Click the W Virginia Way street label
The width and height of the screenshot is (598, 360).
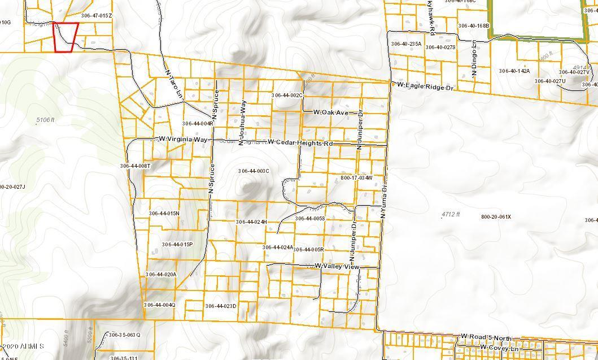(x=183, y=139)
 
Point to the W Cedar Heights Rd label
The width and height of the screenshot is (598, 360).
(x=300, y=143)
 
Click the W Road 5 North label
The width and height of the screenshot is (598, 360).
(x=486, y=337)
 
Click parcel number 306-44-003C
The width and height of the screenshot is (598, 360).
(x=254, y=171)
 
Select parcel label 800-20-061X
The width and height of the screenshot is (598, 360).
(x=496, y=217)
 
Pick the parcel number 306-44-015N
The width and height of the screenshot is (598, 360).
(x=164, y=213)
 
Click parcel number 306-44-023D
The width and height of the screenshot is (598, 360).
(x=220, y=306)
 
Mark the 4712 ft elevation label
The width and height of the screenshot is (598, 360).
(x=451, y=214)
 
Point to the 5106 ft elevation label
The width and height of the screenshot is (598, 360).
(x=45, y=120)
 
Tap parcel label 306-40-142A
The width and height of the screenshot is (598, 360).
(x=514, y=71)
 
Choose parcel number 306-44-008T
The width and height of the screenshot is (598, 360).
(x=135, y=166)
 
